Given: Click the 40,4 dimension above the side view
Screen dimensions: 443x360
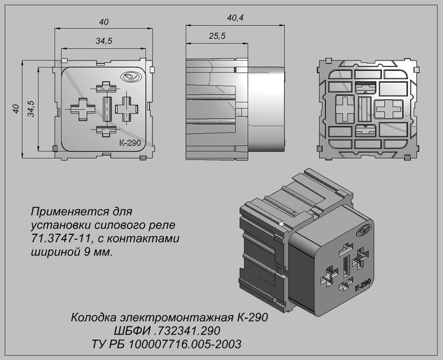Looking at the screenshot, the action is [x=235, y=18].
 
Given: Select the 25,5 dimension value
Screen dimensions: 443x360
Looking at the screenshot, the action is [x=217, y=36].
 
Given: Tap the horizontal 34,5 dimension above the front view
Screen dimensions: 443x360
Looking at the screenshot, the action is [x=103, y=41].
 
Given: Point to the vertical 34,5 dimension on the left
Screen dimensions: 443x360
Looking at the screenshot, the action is [x=31, y=108].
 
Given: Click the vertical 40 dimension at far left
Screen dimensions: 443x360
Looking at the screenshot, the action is [x=16, y=109].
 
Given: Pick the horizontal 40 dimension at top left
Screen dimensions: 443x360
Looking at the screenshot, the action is [x=104, y=22].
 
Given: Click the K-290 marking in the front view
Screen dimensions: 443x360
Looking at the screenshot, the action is [x=130, y=143].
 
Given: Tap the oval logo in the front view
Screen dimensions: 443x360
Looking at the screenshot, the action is [x=130, y=77].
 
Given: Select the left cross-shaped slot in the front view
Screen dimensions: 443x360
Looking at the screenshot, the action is [x=82, y=109].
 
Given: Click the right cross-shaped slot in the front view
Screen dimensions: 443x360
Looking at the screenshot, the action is [x=126, y=109].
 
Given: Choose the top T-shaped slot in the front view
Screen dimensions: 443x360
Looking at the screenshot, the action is [x=106, y=87].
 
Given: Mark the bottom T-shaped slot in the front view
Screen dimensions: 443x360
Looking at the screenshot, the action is [x=106, y=131].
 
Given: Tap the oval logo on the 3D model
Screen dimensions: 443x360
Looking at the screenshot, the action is [x=365, y=231].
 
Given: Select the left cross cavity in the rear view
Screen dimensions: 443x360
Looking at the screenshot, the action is [x=344, y=109].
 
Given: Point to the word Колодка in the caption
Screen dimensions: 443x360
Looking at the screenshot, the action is [x=94, y=317].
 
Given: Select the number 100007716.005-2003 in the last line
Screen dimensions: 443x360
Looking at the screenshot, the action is [x=185, y=344].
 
